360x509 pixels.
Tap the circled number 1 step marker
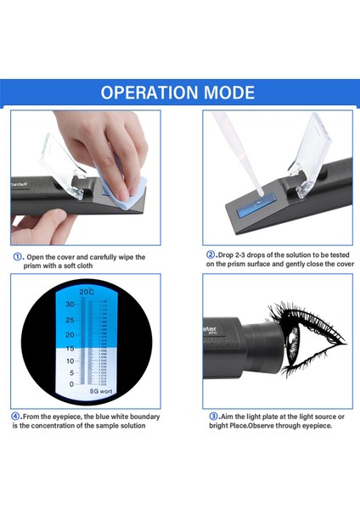(17, 257)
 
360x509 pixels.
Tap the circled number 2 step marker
(210, 255)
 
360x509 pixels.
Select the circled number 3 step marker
(211, 417)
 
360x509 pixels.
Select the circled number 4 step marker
(16, 417)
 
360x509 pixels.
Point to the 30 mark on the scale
(71, 304)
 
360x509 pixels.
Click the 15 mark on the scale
(71, 348)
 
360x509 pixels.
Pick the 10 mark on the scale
(71, 361)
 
